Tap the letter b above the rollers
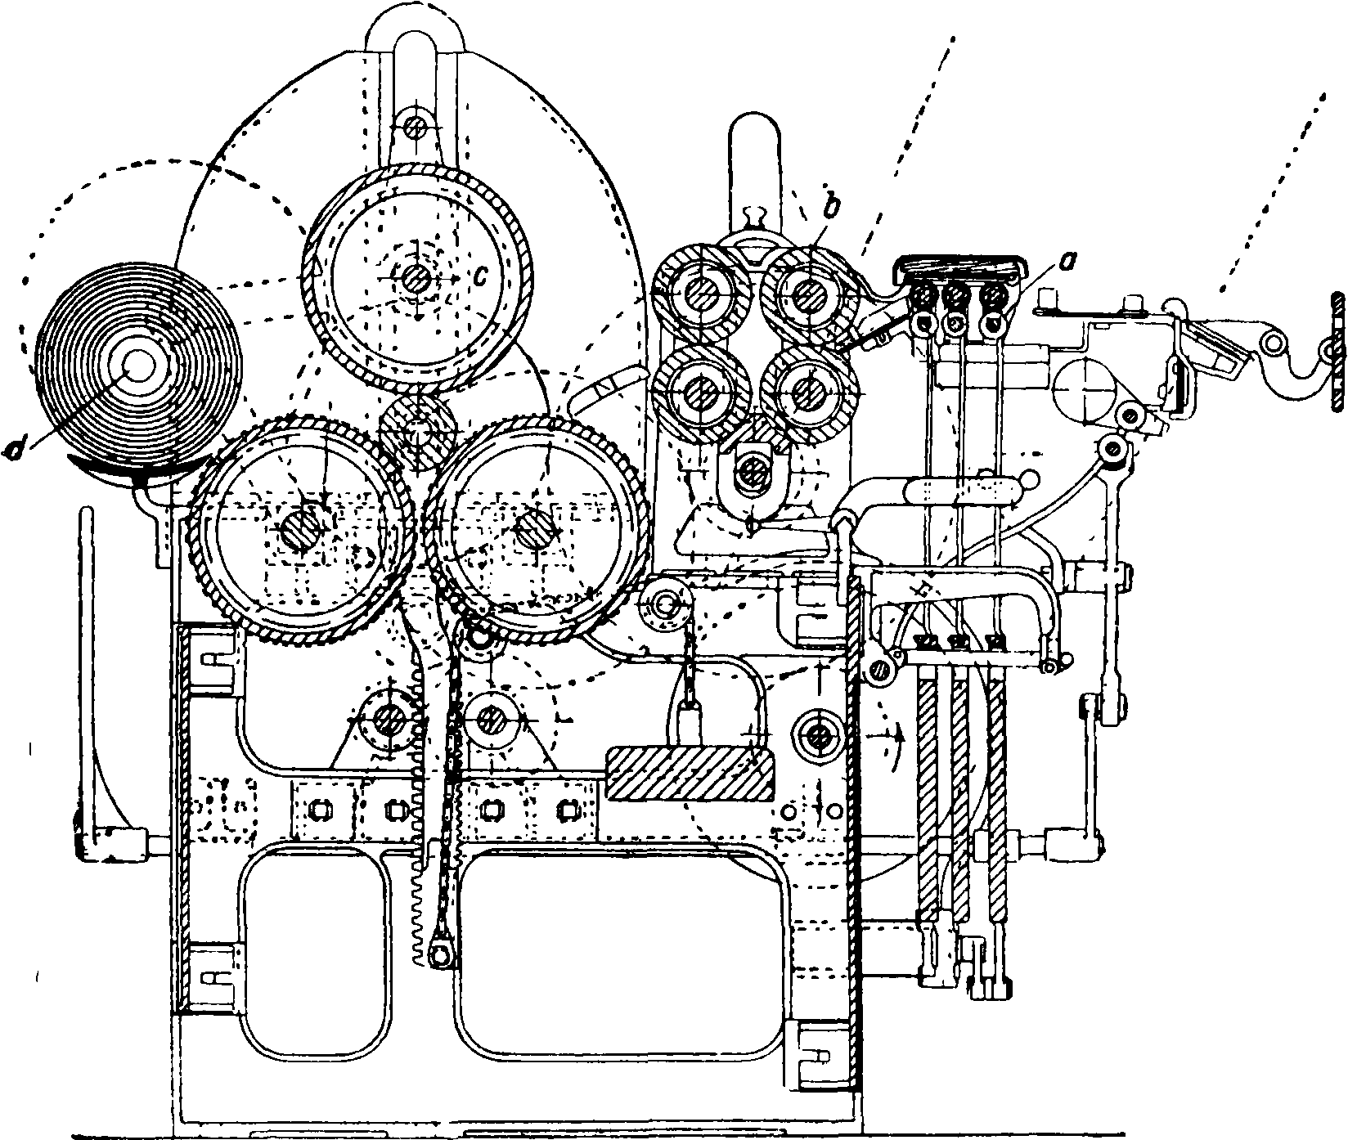point(830,210)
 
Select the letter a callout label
point(1041,264)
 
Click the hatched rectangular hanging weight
point(689,773)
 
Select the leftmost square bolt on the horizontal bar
point(319,810)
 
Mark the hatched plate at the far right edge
point(1337,353)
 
